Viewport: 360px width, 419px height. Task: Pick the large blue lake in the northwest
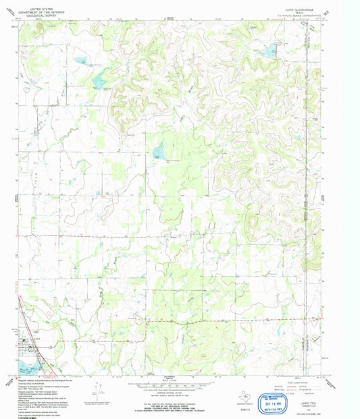pos(99,82)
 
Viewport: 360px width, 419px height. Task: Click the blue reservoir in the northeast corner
pos(269,50)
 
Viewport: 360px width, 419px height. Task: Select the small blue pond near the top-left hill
pos(81,60)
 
